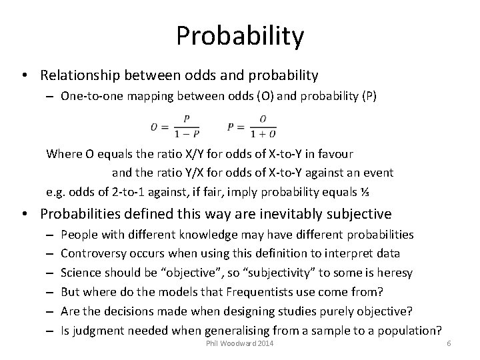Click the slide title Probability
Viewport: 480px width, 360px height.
pos(240,35)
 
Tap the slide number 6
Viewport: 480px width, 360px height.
pos(449,343)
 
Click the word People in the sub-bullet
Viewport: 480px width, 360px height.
pos(78,235)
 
